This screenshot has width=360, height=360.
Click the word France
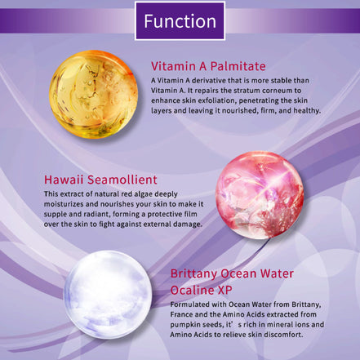(188, 313)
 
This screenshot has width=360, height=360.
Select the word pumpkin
(190, 324)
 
